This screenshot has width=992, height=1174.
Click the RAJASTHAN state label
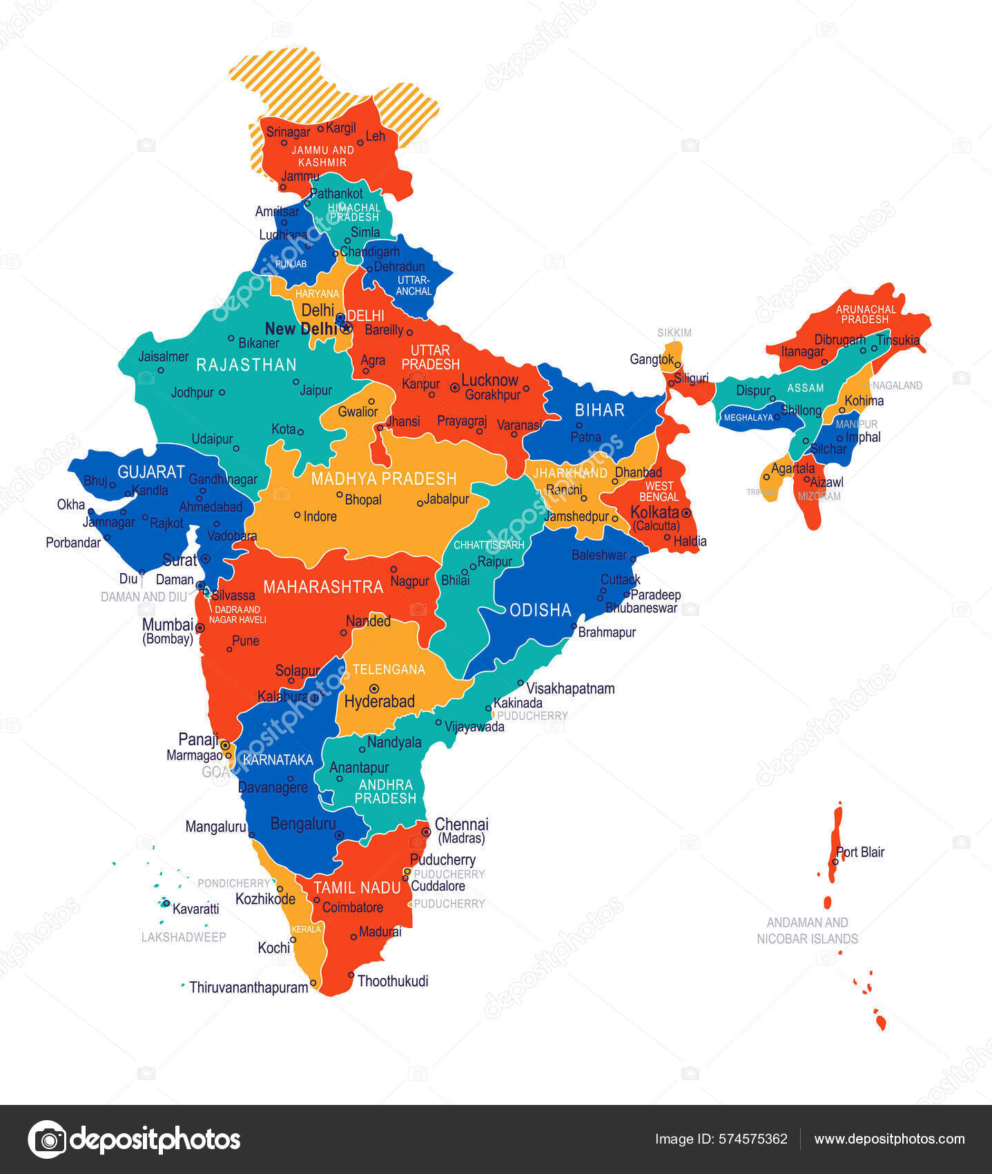coord(246,365)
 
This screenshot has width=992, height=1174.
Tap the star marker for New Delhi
coord(347,328)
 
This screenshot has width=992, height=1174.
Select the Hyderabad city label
coord(379,702)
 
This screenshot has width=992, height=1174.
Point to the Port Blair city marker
coord(835,862)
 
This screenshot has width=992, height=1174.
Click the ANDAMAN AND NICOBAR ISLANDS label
coord(807,930)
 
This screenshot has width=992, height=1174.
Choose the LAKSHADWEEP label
coord(184,937)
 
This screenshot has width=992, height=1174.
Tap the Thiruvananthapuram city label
coord(249,988)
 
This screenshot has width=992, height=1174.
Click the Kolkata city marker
coord(686,513)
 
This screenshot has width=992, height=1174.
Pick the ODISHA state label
coord(540,610)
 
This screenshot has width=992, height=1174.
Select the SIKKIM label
coord(674,333)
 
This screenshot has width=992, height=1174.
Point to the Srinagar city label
coord(288,132)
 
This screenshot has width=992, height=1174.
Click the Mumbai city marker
coord(200,628)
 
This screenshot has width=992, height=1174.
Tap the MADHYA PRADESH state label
coord(384,479)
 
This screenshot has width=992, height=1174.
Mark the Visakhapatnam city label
coord(570,689)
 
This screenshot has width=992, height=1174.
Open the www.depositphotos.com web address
coord(889,1139)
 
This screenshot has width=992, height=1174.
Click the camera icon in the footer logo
coord(47,1139)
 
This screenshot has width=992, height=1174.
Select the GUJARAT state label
coord(151,472)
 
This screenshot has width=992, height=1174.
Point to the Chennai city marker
coord(427,832)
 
